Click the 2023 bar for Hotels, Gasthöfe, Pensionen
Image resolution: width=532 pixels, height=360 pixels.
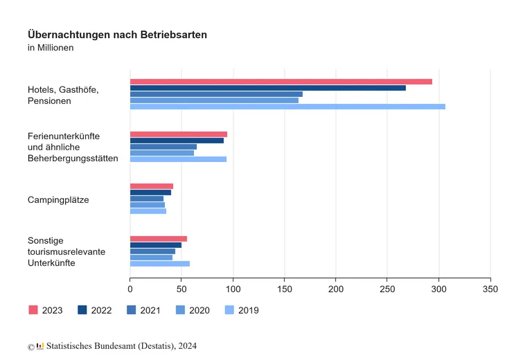click(281, 82)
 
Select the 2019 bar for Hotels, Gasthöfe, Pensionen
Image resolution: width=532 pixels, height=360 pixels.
click(287, 107)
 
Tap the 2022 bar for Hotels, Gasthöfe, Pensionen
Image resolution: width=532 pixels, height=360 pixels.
click(267, 88)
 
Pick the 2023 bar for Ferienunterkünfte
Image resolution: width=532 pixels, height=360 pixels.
click(179, 134)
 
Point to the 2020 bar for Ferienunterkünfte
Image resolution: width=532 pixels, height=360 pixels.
click(162, 153)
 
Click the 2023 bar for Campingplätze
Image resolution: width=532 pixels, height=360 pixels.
click(152, 186)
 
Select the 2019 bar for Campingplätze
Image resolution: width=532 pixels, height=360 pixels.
click(148, 211)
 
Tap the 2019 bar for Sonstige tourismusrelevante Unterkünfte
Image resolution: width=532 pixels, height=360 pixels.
click(160, 264)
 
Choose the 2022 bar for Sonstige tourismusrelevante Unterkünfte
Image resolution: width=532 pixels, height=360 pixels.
click(156, 245)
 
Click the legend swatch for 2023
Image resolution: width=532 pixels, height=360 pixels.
click(33, 310)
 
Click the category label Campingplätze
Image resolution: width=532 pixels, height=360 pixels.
click(58, 200)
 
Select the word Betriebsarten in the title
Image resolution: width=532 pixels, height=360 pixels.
click(175, 35)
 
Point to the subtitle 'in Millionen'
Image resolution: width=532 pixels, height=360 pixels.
click(51, 48)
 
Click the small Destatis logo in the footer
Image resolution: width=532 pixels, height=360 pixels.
click(40, 345)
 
